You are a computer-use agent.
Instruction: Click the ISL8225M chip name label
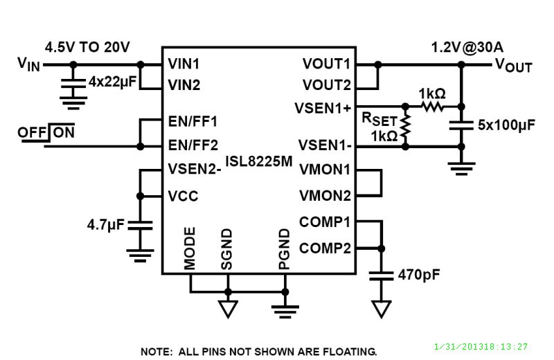pyautogui.click(x=259, y=161)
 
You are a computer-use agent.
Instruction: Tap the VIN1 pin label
pyautogui.click(x=184, y=64)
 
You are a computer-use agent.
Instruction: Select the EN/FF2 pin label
pyautogui.click(x=193, y=145)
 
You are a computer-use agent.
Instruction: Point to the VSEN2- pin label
pyautogui.click(x=195, y=169)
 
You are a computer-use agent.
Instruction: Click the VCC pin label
pyautogui.click(x=183, y=196)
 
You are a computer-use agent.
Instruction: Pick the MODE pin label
pyautogui.click(x=190, y=248)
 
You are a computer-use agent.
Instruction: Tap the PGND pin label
pyautogui.click(x=285, y=249)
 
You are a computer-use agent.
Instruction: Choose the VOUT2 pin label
pyautogui.click(x=326, y=85)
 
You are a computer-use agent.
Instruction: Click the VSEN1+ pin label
pyautogui.click(x=323, y=108)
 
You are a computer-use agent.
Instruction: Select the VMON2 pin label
pyautogui.click(x=325, y=195)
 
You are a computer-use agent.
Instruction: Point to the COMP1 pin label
pyautogui.click(x=325, y=222)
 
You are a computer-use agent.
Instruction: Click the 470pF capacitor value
pyautogui.click(x=419, y=275)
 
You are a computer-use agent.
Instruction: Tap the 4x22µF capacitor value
pyautogui.click(x=112, y=82)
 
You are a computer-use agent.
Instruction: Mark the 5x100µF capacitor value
pyautogui.click(x=506, y=125)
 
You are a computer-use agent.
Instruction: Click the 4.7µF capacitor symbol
pyautogui.click(x=141, y=226)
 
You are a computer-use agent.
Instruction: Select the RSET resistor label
pyautogui.click(x=379, y=119)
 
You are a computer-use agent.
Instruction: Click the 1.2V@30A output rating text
pyautogui.click(x=467, y=47)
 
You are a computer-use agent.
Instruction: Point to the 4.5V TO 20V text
pyautogui.click(x=87, y=47)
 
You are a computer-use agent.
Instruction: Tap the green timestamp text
pyautogui.click(x=481, y=347)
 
